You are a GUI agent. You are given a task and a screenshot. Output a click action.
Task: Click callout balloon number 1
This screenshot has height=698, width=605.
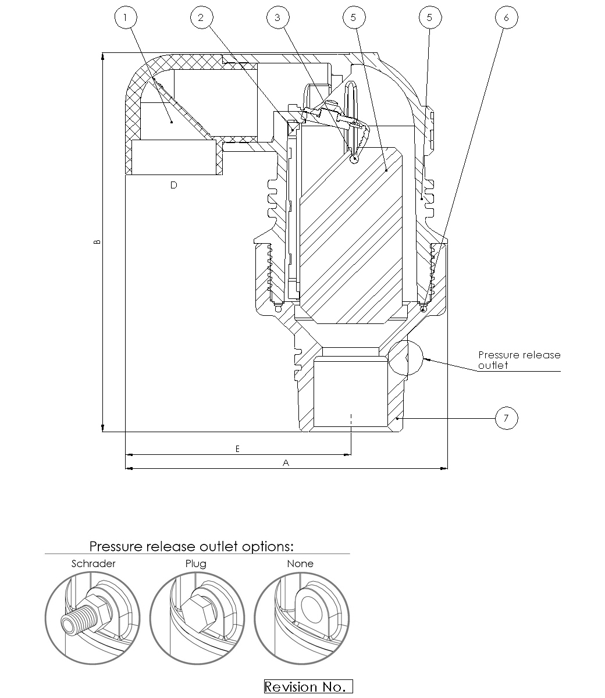[124, 17]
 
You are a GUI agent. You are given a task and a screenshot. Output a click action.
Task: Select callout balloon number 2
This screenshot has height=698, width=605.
[201, 17]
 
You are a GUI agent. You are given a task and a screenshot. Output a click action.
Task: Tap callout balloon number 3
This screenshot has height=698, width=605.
[277, 17]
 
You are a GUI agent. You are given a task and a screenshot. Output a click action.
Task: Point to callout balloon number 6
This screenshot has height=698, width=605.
[506, 17]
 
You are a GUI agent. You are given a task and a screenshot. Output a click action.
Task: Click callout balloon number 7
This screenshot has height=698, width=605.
[506, 418]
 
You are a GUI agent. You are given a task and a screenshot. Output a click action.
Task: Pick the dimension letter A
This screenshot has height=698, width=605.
[286, 462]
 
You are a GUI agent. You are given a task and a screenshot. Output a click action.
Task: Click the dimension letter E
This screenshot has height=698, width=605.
[237, 449]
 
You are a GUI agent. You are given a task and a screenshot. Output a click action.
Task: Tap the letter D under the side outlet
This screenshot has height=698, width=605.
[173, 185]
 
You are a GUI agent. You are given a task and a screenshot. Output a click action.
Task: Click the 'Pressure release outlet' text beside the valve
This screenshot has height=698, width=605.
[519, 360]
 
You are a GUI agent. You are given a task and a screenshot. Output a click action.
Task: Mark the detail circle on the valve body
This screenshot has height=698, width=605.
[407, 357]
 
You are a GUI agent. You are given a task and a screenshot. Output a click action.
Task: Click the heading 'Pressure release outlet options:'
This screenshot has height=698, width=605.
[191, 547]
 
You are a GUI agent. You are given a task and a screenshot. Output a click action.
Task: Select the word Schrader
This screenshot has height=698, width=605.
[93, 564]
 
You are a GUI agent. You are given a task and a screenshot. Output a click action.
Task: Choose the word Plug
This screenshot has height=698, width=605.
[195, 564]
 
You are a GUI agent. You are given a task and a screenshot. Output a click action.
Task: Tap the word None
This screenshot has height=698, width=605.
[300, 564]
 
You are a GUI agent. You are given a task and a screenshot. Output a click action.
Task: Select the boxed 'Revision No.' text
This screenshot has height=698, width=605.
[308, 687]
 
